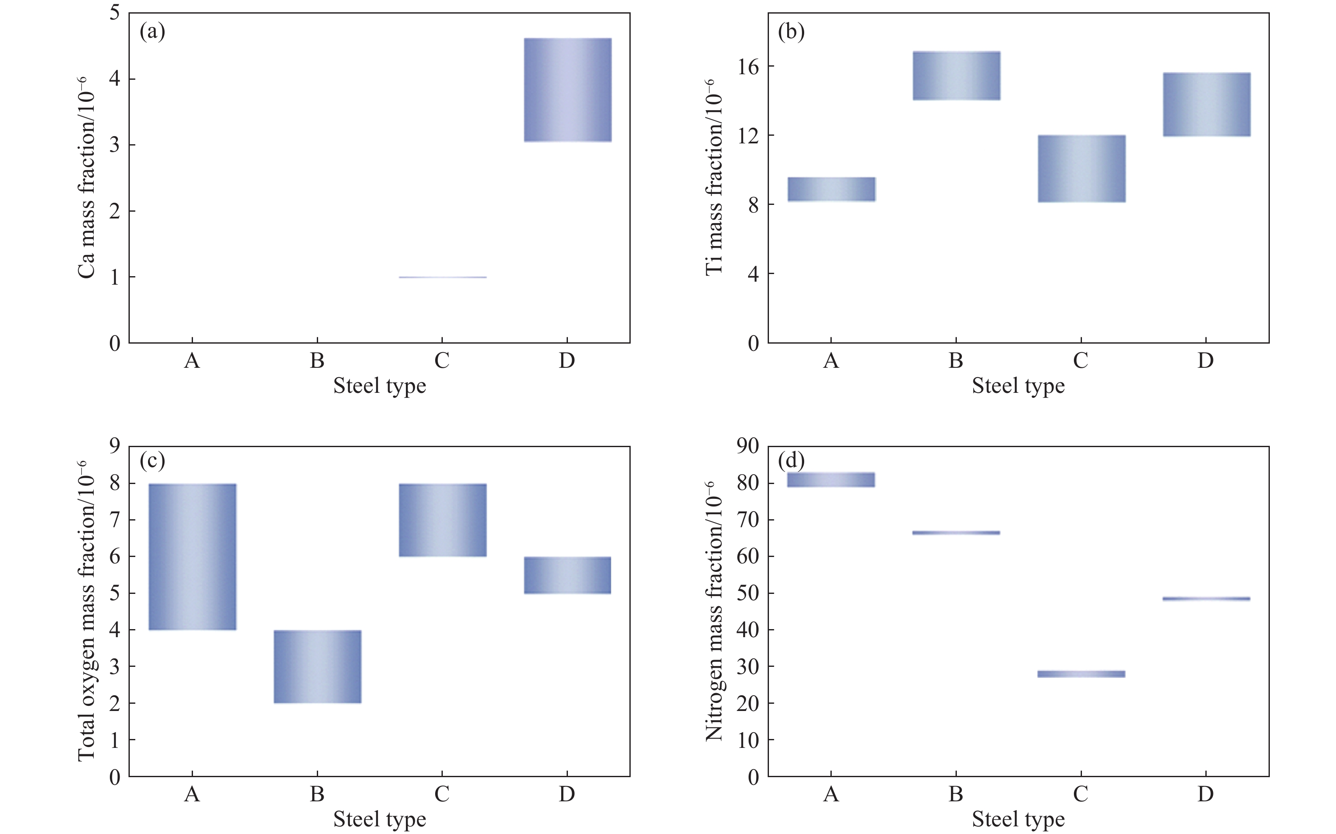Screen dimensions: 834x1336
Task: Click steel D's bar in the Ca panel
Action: [x=567, y=90]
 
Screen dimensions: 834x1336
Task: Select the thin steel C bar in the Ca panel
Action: [x=443, y=277]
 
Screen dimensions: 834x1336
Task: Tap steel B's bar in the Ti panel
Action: [x=956, y=76]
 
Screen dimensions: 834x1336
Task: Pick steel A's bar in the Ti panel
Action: [x=831, y=189]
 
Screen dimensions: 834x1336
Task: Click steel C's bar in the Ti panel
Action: [x=1081, y=168]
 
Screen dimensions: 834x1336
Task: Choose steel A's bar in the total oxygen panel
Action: [x=193, y=557]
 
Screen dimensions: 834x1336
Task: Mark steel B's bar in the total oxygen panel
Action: [x=318, y=666]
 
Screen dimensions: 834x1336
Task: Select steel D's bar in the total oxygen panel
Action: [x=567, y=575]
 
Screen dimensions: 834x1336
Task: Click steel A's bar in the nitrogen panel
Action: [x=831, y=479]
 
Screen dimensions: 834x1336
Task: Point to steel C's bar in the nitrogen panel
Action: [x=1081, y=674]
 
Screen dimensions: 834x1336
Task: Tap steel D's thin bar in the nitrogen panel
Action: [x=1206, y=599]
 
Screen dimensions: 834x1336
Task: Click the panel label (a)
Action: [x=152, y=32]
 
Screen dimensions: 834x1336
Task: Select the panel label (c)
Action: [x=152, y=460]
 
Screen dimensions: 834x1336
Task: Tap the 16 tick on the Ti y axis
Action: [x=748, y=67]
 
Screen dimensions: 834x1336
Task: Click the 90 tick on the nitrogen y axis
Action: [x=748, y=446]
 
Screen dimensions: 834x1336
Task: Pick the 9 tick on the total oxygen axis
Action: [x=115, y=446]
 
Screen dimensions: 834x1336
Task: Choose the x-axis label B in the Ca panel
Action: [x=317, y=361]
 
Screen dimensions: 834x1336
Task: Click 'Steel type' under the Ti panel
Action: [x=1018, y=386]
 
